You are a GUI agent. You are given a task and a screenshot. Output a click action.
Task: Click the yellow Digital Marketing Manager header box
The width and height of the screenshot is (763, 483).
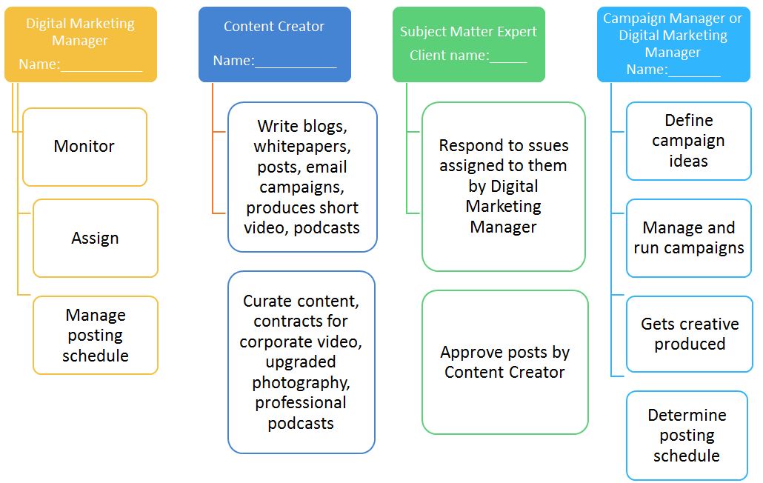[x=80, y=44]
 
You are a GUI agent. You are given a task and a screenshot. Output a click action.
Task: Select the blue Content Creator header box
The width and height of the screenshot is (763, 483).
[x=274, y=44]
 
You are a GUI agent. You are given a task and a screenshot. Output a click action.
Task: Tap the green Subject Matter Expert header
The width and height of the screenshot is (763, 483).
[x=468, y=44]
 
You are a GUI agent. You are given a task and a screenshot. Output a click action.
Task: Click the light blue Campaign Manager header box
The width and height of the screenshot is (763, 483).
[x=673, y=44]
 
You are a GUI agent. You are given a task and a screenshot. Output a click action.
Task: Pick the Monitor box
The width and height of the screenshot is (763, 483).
[x=84, y=147]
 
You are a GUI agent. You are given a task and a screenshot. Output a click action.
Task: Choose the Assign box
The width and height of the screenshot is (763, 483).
[x=95, y=239]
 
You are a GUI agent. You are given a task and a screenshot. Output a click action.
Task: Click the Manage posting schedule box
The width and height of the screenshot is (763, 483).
[x=95, y=335]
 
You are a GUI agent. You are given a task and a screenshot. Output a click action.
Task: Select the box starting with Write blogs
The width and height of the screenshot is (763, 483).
[x=302, y=177]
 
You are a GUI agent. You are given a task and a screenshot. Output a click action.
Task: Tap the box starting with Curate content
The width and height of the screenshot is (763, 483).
[x=301, y=362]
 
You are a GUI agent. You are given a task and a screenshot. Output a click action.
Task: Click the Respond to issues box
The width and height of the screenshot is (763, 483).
[x=503, y=186]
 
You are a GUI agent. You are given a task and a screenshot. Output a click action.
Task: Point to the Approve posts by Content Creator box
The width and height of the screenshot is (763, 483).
[x=504, y=362]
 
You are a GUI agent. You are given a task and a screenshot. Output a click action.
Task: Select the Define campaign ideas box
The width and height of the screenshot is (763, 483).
[x=688, y=141]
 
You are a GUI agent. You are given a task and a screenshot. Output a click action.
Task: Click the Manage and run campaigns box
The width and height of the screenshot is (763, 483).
[x=688, y=238]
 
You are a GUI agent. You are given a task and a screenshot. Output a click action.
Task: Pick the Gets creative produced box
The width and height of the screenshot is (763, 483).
[x=689, y=334]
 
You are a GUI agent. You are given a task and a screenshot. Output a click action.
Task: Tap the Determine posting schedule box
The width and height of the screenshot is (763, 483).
[x=687, y=436]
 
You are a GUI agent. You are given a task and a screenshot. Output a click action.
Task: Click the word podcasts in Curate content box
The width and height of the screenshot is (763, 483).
[x=301, y=424]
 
